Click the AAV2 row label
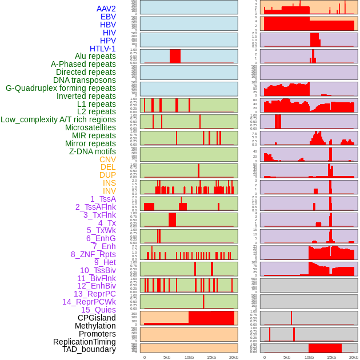106,9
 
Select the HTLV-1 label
103,49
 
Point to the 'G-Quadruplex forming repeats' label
61,88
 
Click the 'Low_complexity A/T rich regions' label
58,119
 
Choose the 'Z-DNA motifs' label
93,151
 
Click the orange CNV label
107,159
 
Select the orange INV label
109,191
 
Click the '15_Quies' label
98,310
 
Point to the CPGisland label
97,318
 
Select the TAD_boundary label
89,349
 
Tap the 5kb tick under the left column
167,357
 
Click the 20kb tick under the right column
354,357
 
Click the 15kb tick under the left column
211,357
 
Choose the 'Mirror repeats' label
90,143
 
